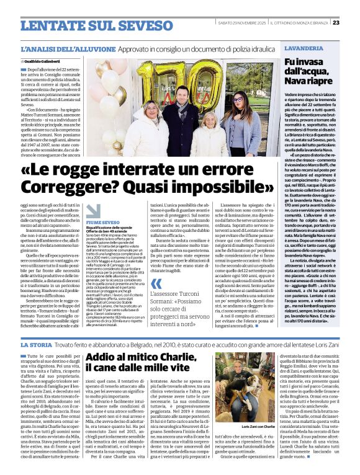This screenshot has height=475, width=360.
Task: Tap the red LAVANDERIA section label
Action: point(304,48)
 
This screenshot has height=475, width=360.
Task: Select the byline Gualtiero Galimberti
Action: point(45,62)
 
